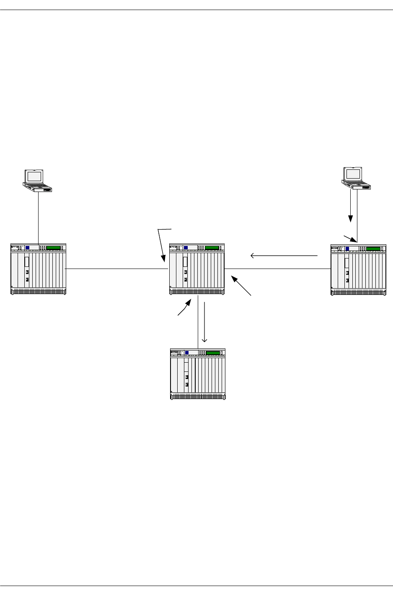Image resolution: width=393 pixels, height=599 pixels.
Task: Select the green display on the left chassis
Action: (x=53, y=248)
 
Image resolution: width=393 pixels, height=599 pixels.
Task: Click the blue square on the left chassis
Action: (x=27, y=248)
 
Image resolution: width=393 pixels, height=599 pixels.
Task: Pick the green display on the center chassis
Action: (x=212, y=248)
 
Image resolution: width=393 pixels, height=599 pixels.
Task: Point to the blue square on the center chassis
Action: (x=186, y=248)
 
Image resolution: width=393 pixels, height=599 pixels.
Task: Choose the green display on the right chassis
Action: (x=373, y=249)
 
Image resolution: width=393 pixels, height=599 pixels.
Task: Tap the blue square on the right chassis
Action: (x=347, y=249)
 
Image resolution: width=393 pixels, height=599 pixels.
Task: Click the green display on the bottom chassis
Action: (x=213, y=353)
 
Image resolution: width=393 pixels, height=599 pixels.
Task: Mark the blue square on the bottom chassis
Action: (x=186, y=353)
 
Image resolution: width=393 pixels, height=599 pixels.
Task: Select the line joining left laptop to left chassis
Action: (x=38, y=218)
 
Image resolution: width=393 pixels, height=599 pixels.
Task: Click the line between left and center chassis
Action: (x=117, y=269)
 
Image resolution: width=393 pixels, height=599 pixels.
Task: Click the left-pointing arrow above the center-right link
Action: (x=284, y=255)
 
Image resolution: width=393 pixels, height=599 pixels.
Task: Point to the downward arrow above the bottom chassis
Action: (x=204, y=322)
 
